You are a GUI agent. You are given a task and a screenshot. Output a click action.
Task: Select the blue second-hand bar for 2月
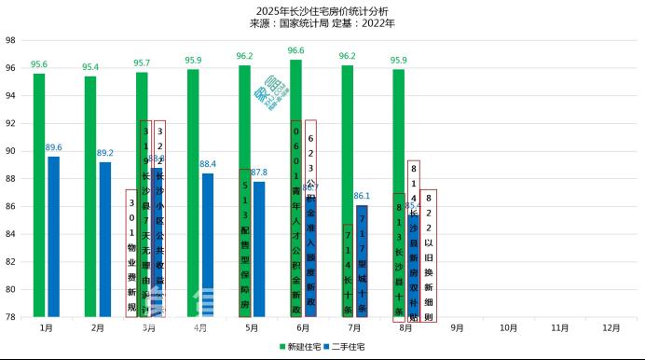click(x=104, y=239)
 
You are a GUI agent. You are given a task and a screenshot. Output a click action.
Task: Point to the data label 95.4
click(x=90, y=67)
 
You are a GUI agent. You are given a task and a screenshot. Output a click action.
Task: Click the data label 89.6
click(x=53, y=147)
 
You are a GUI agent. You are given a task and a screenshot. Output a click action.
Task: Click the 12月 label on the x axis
click(x=611, y=328)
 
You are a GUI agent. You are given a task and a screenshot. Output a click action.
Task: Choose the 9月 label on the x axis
click(x=458, y=328)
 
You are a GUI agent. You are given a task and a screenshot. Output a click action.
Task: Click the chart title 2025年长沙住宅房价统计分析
click(x=322, y=9)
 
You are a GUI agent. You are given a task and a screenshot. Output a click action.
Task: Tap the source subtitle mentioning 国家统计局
click(x=322, y=22)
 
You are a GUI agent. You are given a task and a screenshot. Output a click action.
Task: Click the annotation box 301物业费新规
click(x=131, y=253)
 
